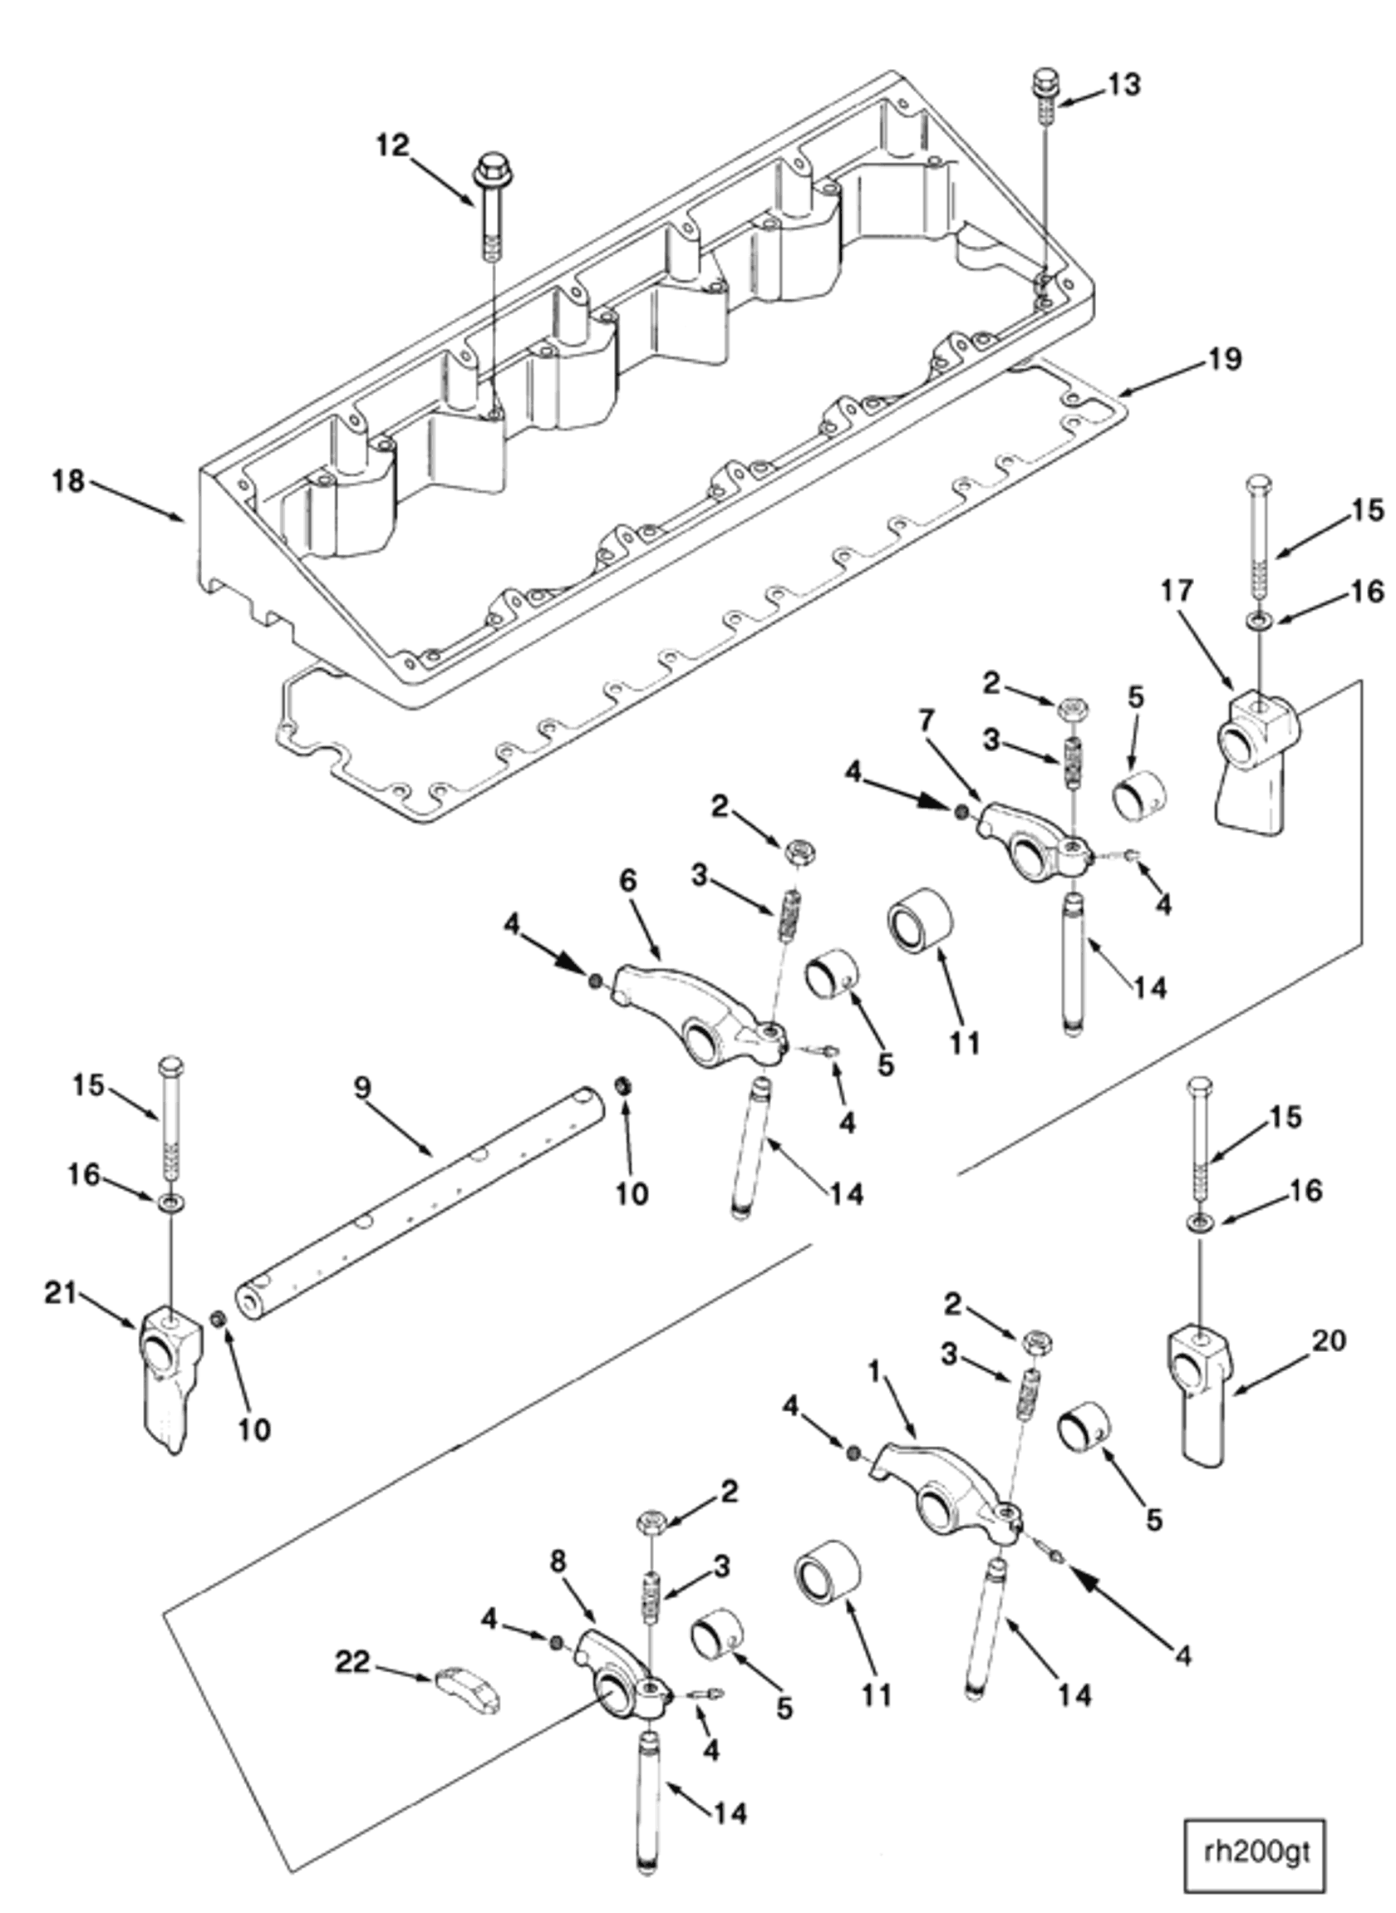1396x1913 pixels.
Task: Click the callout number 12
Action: [393, 145]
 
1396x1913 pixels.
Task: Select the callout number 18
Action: [68, 482]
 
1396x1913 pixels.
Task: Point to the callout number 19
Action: [1226, 359]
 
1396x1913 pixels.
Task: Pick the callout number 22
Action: [352, 1663]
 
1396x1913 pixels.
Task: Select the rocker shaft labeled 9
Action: [422, 1200]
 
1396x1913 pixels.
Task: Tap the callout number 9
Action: [361, 1088]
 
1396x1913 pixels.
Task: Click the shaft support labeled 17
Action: [1251, 752]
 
